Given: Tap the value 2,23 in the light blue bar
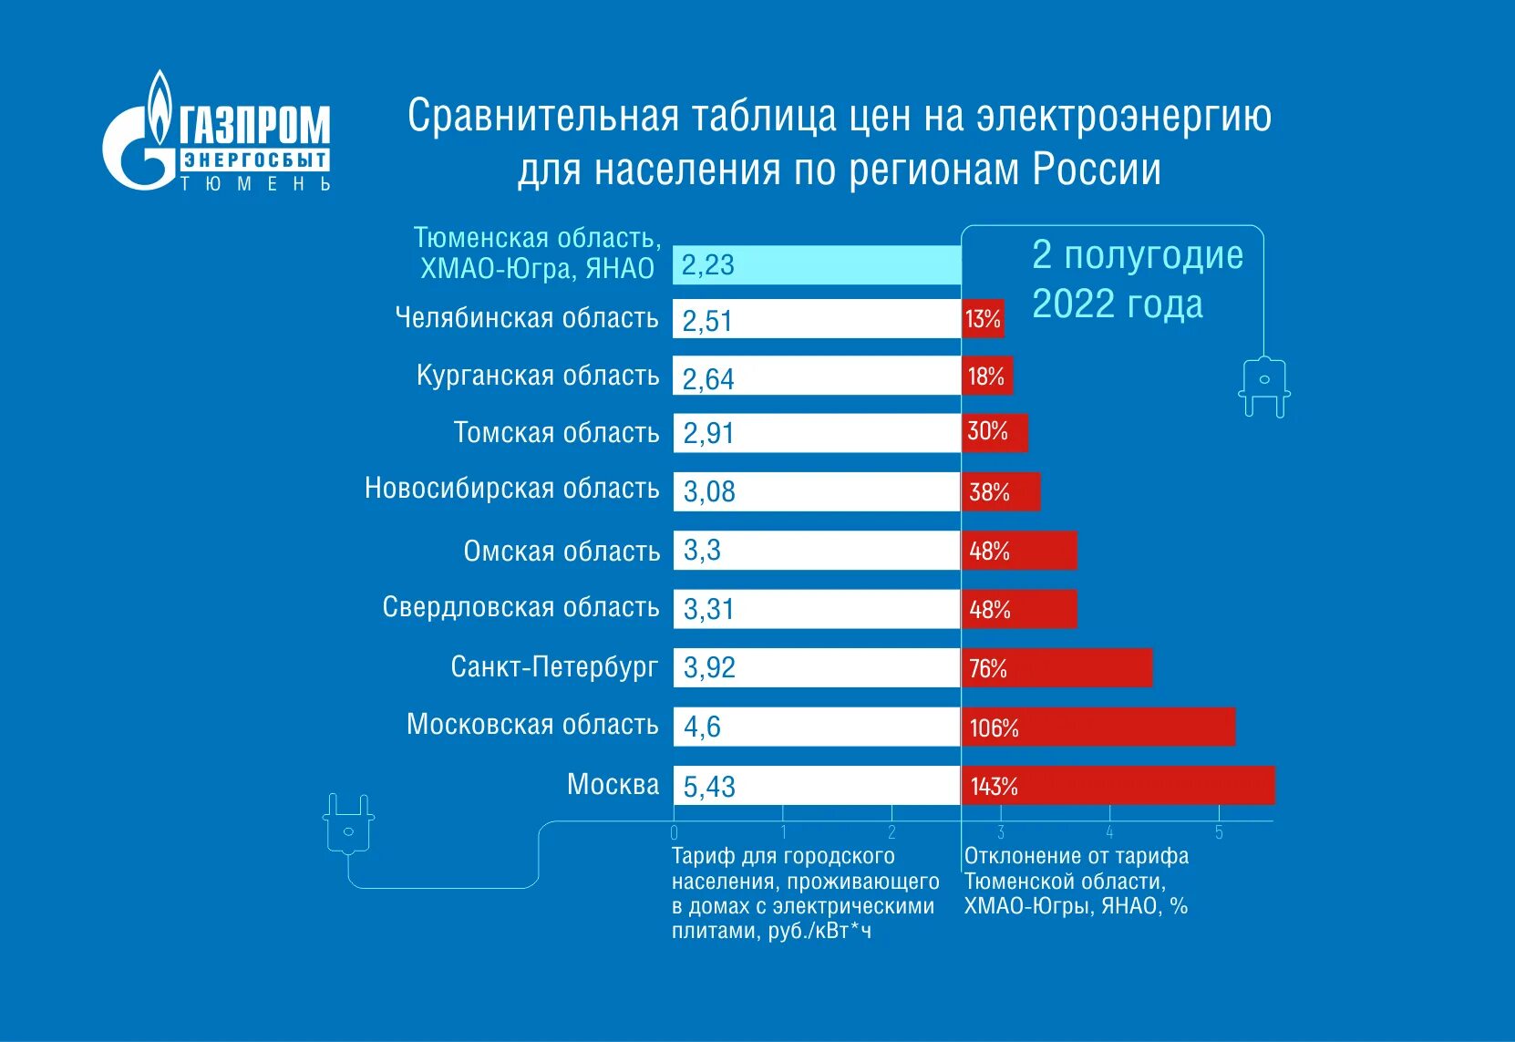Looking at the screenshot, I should pyautogui.click(x=707, y=265).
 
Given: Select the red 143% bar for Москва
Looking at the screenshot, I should pyautogui.click(x=1118, y=786).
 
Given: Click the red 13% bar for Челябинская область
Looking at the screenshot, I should pyautogui.click(x=983, y=319).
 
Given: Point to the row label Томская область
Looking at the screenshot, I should pyautogui.click(x=556, y=432).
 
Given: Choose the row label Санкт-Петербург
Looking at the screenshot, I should pyautogui.click(x=553, y=667).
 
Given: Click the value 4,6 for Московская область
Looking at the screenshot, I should pyautogui.click(x=702, y=727).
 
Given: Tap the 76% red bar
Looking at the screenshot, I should pyautogui.click(x=1056, y=668).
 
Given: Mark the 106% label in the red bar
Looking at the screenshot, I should pyautogui.click(x=994, y=727).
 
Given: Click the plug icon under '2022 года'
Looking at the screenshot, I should pyautogui.click(x=1264, y=387).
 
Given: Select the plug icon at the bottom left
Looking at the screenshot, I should pyautogui.click(x=348, y=824).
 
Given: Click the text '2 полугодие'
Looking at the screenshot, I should pyautogui.click(x=1137, y=255).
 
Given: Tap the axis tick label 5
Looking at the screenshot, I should pyautogui.click(x=1219, y=832).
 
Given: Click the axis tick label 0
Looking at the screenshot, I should pyautogui.click(x=674, y=832).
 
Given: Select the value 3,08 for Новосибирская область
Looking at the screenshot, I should pyautogui.click(x=709, y=492).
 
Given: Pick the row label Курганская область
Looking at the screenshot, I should pyautogui.click(x=537, y=376).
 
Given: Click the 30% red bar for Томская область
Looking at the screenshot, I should pyautogui.click(x=994, y=432).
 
